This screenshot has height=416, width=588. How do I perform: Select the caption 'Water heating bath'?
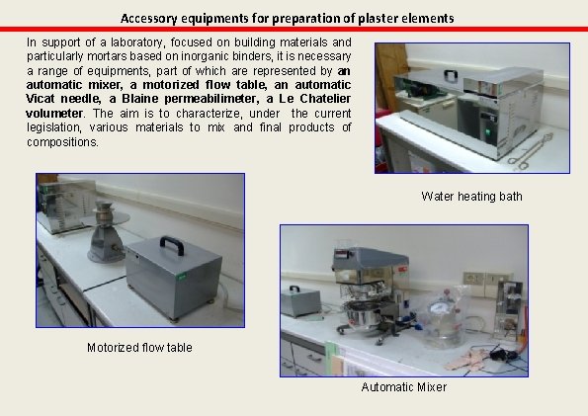click(470, 197)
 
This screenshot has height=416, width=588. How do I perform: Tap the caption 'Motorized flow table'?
click(139, 347)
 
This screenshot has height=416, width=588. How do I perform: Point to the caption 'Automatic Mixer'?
click(403, 386)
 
